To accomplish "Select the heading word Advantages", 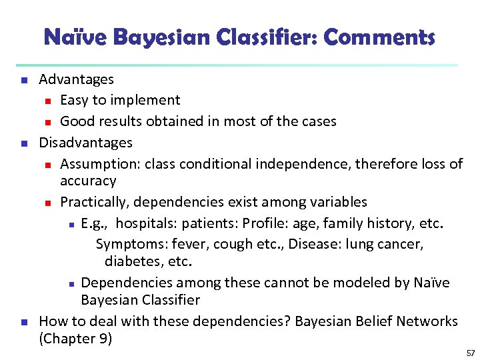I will coord(76,79).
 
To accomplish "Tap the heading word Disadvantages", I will coord(85,143).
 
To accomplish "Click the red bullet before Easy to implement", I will coord(48,101).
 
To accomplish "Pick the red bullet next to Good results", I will coord(48,122).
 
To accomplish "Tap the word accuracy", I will coord(88,181).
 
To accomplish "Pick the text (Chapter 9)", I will coord(75,339).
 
